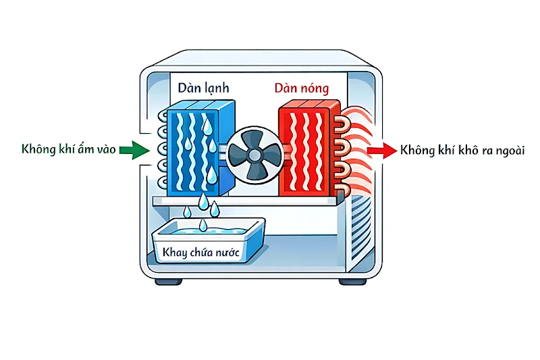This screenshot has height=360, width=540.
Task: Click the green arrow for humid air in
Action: (133, 151)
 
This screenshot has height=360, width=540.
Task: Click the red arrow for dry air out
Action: (383, 151)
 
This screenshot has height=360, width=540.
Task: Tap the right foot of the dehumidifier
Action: (352, 280)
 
